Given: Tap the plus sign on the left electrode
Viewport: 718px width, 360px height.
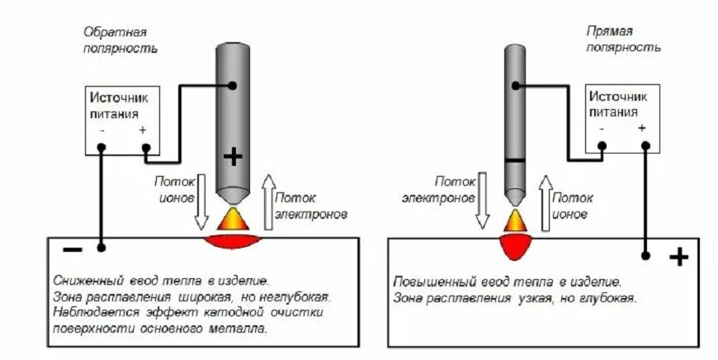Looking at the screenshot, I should (x=234, y=158).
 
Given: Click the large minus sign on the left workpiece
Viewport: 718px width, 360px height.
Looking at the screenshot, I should (x=73, y=249).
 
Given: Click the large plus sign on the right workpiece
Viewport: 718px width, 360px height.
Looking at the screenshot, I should (x=678, y=258).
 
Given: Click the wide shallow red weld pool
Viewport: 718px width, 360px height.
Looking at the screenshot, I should (x=238, y=241).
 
